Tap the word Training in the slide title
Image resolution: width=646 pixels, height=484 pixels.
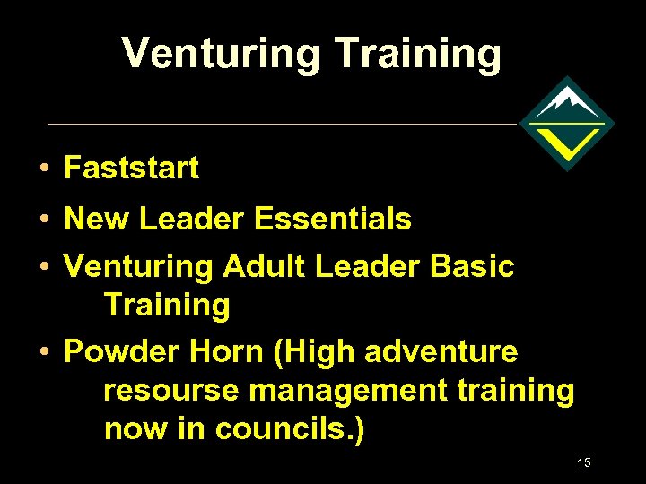[x=418, y=54]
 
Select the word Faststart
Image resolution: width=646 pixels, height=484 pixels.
[x=132, y=168]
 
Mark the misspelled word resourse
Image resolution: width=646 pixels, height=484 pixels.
[x=171, y=390]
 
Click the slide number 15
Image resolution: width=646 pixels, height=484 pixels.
[x=584, y=463]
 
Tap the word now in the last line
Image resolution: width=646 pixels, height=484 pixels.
[x=135, y=429]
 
